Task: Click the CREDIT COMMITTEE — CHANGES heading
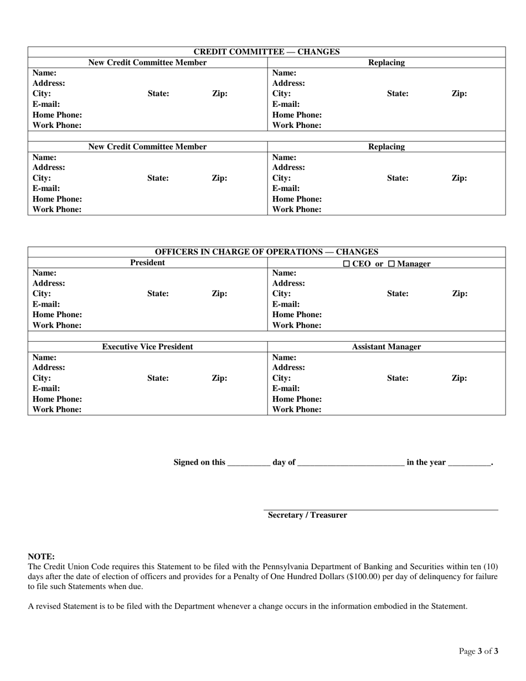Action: click(x=266, y=52)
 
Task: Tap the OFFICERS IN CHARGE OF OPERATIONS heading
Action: click(x=266, y=252)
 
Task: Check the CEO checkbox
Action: click(x=347, y=264)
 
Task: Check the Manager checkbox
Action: click(x=391, y=264)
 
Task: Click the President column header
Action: click(x=147, y=262)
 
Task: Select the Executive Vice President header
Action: click(x=147, y=347)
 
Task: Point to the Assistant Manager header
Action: click(x=386, y=347)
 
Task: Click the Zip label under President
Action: click(x=219, y=294)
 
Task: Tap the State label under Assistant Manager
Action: click(x=398, y=378)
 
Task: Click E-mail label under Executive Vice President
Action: click(x=46, y=389)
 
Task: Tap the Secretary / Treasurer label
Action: click(x=307, y=515)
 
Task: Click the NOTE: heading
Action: click(x=41, y=556)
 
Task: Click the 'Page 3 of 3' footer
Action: click(x=478, y=651)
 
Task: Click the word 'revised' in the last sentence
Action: click(x=49, y=606)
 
